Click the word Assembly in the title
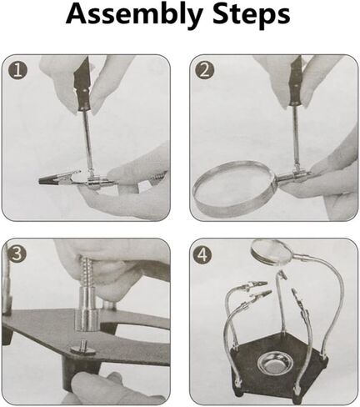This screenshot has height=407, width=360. click(x=133, y=14)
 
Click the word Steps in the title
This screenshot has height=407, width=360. click(x=252, y=14)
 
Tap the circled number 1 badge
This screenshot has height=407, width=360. click(x=18, y=71)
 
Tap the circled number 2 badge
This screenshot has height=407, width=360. click(x=204, y=71)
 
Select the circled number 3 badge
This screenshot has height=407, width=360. click(x=17, y=254)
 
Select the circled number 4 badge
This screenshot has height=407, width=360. click(x=203, y=254)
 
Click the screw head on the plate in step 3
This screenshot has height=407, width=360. click(x=82, y=348)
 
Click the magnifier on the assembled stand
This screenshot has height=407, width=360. click(x=271, y=251)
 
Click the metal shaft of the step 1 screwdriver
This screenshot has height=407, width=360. click(x=87, y=140)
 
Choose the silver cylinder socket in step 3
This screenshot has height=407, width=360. click(x=87, y=309)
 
